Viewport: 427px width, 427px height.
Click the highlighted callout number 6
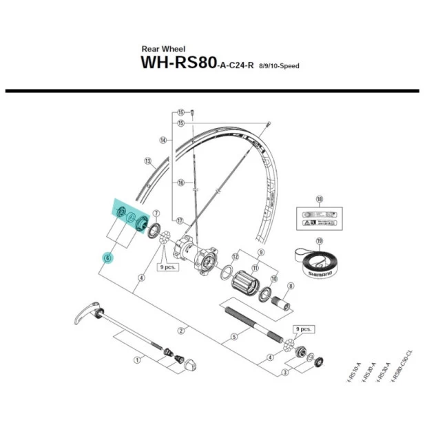(x=107, y=258)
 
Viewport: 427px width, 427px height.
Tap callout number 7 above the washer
(x=156, y=213)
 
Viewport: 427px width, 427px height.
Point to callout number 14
(x=163, y=140)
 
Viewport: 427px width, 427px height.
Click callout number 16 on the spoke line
(x=180, y=183)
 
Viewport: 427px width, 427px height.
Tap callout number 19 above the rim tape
(x=319, y=241)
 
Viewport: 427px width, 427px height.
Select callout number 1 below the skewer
(x=137, y=359)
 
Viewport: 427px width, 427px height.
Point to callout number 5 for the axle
(x=234, y=336)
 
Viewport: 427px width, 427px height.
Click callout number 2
(x=182, y=331)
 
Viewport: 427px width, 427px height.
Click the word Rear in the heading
(x=150, y=49)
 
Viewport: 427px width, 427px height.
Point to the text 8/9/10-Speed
(x=279, y=66)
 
